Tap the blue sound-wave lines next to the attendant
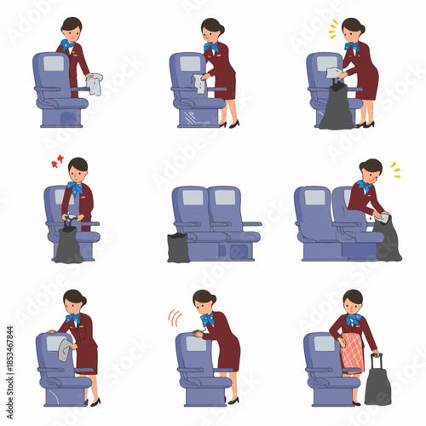pyautogui.click(x=175, y=318)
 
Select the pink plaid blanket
pyautogui.click(x=352, y=353)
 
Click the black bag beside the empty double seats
pyautogui.click(x=178, y=247)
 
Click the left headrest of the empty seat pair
pyautogui.click(x=193, y=198)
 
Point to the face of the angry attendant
pyautogui.click(x=78, y=168)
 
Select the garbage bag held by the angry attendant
pyautogui.click(x=69, y=245)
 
